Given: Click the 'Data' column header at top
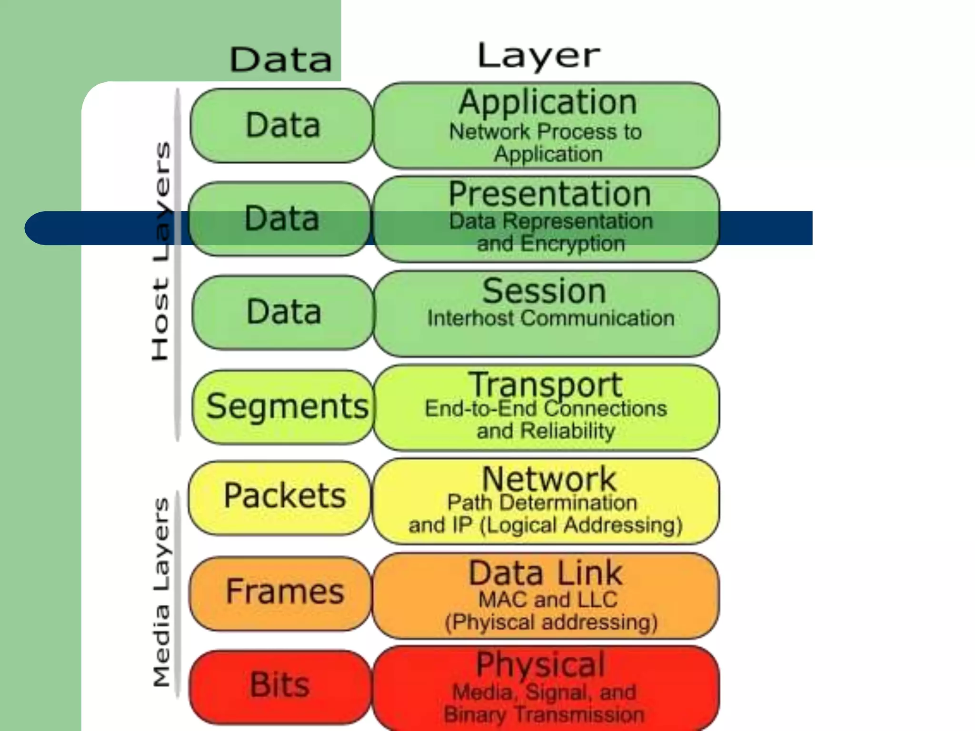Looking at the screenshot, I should click(x=280, y=60).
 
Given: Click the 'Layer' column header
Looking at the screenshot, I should click(x=538, y=56).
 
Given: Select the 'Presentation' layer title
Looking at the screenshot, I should click(x=549, y=194).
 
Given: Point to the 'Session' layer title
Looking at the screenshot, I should click(x=544, y=291).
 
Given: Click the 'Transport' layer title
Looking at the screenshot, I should click(x=546, y=384).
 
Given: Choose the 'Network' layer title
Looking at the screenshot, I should click(x=549, y=479).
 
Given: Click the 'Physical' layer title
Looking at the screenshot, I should click(x=541, y=664).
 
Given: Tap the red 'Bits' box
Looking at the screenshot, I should click(x=280, y=685).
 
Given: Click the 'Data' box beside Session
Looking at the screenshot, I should click(x=284, y=312).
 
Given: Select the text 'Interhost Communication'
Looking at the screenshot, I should click(x=551, y=318).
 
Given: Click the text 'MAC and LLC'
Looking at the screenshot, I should click(x=548, y=600).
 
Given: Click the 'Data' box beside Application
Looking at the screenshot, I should click(x=283, y=125).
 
